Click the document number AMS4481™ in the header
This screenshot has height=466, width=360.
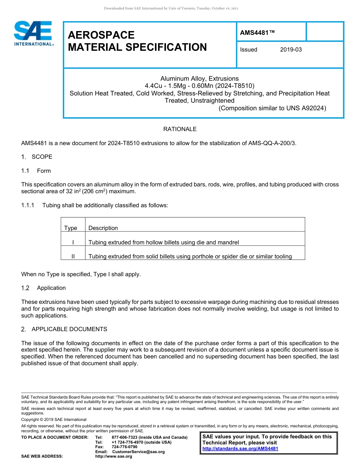coord(257,33)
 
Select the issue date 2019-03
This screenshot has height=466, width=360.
coord(291,50)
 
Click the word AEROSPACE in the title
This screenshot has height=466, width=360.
coord(101,35)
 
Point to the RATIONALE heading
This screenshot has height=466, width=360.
coord(180,129)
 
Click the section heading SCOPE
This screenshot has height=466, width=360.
coord(42,157)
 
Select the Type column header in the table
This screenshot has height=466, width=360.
coord(71,228)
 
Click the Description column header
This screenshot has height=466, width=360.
coord(103,228)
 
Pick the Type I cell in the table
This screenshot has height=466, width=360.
coord(73,242)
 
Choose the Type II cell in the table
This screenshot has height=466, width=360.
coord(73,256)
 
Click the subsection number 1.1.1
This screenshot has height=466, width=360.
coord(28,205)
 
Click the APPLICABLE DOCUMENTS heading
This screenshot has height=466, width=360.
coord(69,329)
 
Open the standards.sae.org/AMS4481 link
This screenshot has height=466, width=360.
coord(240,449)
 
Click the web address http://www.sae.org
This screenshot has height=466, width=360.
coord(114,457)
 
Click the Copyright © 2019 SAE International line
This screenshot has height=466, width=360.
coord(54,419)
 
